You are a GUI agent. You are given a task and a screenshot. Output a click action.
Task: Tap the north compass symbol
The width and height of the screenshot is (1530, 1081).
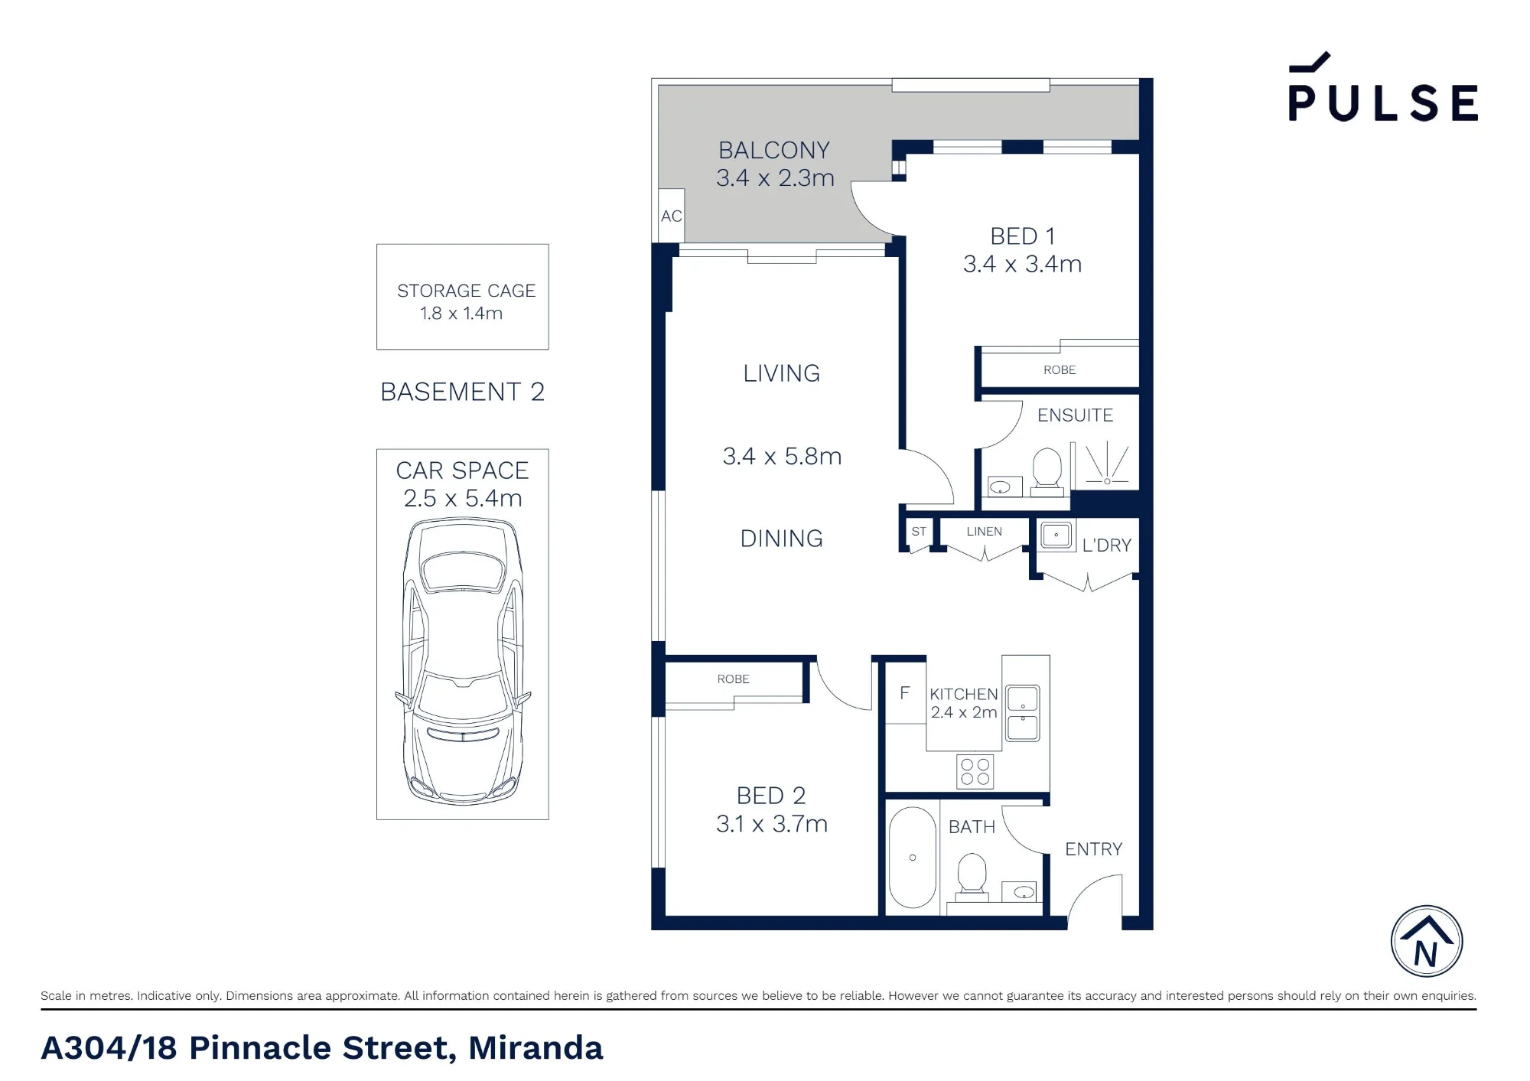[x=1427, y=942]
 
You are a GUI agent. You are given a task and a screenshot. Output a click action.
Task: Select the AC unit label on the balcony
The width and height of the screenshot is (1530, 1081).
[x=671, y=217]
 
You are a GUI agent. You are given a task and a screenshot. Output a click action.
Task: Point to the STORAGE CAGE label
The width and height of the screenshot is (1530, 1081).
[x=466, y=291]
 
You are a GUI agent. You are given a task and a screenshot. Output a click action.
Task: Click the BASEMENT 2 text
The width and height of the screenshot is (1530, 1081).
[x=463, y=392]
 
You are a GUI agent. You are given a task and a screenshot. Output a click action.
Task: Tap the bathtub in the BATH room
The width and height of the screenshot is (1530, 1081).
[x=913, y=858]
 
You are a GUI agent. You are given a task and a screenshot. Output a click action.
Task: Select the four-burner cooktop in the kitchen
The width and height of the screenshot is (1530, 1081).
[x=975, y=772]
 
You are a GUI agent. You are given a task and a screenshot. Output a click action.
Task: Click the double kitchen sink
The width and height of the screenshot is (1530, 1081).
[x=1022, y=713]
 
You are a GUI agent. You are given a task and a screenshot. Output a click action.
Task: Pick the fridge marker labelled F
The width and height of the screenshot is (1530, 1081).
[x=905, y=693]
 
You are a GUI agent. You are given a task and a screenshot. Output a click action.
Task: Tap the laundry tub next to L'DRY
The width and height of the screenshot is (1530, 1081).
[x=1056, y=535]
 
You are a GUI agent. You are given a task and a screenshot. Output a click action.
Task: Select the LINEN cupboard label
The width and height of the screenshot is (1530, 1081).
[x=984, y=532]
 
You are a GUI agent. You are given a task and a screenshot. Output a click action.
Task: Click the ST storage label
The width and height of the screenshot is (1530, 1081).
[x=919, y=532]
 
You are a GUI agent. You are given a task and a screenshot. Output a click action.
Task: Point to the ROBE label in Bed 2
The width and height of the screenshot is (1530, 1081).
[x=733, y=679]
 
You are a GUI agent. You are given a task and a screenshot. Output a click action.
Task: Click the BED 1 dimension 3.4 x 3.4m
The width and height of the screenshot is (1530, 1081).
[x=1022, y=264]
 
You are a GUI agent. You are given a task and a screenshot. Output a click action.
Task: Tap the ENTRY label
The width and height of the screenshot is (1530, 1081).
[x=1094, y=849]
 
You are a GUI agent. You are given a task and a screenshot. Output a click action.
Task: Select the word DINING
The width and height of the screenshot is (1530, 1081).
[x=782, y=539]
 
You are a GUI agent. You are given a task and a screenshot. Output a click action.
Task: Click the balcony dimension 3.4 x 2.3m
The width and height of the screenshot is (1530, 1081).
[x=775, y=178]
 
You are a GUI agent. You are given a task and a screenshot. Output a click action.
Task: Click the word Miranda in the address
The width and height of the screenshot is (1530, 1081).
[x=535, y=1048]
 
